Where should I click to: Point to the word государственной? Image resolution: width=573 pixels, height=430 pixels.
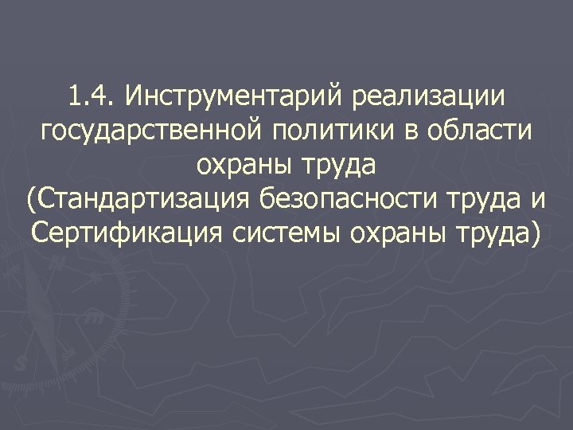(x=150, y=133)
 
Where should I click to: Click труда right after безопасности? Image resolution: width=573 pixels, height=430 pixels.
(x=476, y=201)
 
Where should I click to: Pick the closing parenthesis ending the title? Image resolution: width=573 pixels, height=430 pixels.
(x=533, y=234)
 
